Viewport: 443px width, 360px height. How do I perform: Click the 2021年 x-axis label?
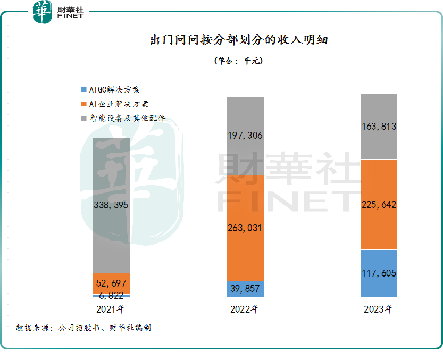111,309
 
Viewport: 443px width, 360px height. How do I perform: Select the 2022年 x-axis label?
245,309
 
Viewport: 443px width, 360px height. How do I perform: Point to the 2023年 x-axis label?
379,309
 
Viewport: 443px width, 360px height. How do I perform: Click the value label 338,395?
111,205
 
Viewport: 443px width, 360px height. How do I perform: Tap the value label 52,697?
111,283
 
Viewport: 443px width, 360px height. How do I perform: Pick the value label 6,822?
111,296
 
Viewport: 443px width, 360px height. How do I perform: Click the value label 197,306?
245,136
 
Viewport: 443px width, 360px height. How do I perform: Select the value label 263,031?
245,228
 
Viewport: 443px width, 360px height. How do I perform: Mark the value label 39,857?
245,289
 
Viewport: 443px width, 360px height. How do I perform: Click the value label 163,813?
379,127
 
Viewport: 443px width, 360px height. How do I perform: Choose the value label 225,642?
379,204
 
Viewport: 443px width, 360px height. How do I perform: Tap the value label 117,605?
379,273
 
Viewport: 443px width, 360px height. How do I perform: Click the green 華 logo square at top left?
43,12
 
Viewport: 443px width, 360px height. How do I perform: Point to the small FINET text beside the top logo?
70,17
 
